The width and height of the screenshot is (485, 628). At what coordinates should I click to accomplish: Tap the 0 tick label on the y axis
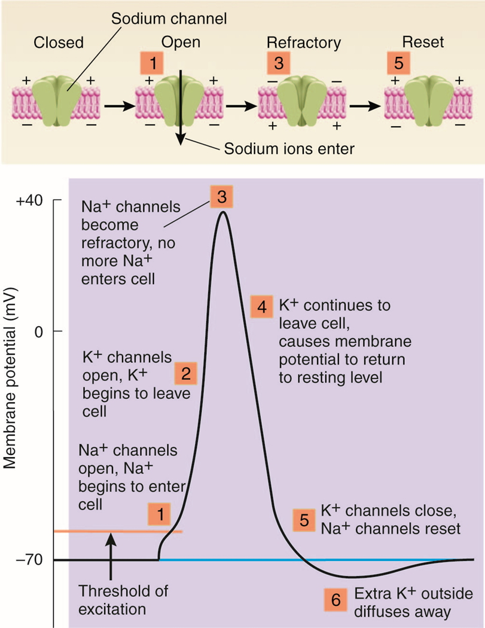tap(41, 331)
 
